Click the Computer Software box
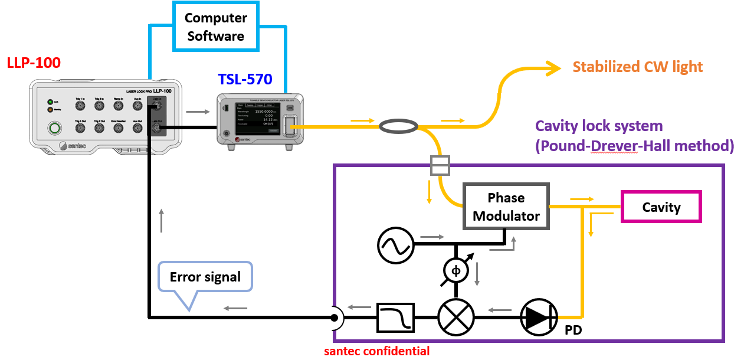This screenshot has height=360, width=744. [215, 27]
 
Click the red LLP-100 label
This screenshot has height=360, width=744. [34, 63]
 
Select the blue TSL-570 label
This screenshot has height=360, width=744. [245, 80]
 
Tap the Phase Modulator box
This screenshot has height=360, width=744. [506, 207]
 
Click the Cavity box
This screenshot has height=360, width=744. [661, 207]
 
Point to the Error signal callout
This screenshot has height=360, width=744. [205, 277]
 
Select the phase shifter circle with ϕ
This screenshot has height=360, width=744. [455, 271]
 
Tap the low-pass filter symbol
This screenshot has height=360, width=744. [395, 318]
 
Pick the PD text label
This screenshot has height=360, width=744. [573, 330]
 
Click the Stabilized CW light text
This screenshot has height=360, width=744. [637, 66]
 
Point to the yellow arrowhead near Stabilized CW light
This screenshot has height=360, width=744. [552, 68]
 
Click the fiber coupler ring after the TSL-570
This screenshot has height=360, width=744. [398, 125]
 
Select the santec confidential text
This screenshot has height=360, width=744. [376, 351]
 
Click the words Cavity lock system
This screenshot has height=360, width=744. [598, 126]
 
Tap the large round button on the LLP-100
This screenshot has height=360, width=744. [55, 128]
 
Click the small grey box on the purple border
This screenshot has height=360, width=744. [440, 165]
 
